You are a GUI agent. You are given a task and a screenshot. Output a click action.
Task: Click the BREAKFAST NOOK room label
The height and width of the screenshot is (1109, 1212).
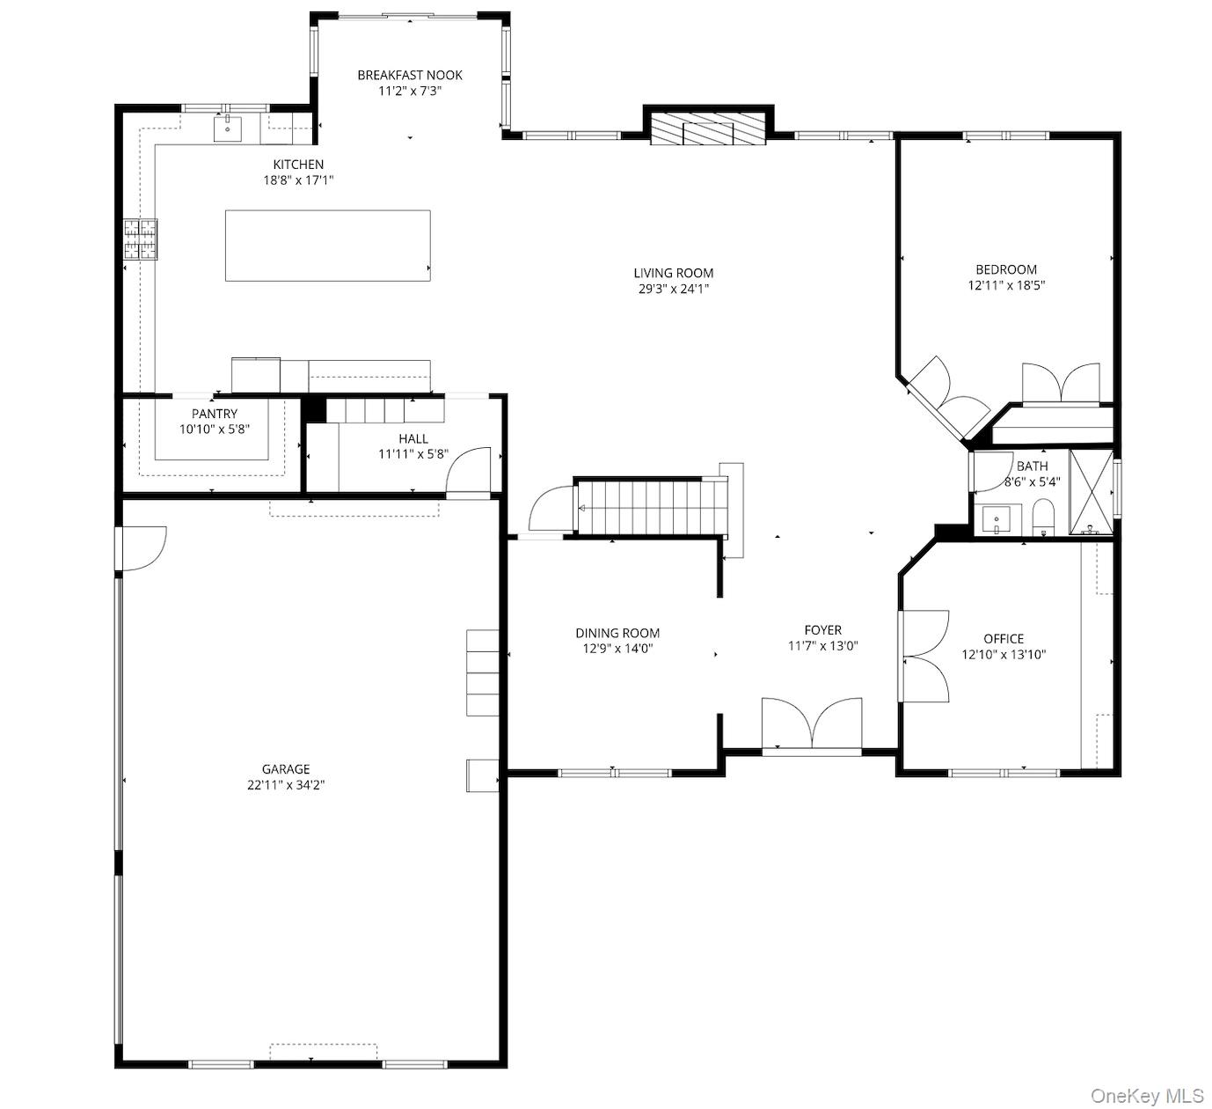pos(409,75)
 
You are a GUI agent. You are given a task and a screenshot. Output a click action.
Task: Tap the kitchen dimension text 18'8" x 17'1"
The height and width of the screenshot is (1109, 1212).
pos(298,180)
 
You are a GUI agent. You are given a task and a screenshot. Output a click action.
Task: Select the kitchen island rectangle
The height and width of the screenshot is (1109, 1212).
pos(327,246)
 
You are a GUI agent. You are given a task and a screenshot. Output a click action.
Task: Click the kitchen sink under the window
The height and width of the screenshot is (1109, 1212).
pos(228,129)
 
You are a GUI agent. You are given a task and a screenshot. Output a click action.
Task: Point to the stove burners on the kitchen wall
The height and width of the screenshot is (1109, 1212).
pos(140,239)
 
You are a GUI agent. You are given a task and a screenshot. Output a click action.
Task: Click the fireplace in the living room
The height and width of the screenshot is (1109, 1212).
pos(708,130)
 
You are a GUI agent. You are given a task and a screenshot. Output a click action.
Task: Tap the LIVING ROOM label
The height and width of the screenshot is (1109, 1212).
pos(674,273)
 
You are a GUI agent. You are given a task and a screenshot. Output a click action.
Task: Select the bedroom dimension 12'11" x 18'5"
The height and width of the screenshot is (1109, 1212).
pos(1006,285)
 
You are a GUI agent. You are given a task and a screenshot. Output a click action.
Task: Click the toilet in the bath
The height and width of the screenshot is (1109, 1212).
pos(1043,518)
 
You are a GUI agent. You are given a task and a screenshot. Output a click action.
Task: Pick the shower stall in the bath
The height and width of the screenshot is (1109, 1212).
pos(1091,492)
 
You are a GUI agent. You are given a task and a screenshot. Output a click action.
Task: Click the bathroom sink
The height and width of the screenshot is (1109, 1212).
pos(997,519)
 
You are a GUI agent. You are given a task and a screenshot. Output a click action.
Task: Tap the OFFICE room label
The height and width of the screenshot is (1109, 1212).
pos(1004,639)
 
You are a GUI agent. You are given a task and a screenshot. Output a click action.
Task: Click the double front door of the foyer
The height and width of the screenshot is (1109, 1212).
pos(812,726)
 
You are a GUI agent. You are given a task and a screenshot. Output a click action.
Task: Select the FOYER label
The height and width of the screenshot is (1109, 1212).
pos(822,630)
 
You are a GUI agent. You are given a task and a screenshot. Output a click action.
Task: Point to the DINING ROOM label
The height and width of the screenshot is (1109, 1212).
pos(617,633)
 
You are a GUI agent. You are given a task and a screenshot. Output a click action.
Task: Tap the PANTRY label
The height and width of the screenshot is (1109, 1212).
pos(215,414)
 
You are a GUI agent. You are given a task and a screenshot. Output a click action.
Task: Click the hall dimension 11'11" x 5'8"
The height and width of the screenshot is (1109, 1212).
pos(413,455)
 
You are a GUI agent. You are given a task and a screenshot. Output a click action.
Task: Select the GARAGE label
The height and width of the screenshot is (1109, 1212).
pos(286,769)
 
